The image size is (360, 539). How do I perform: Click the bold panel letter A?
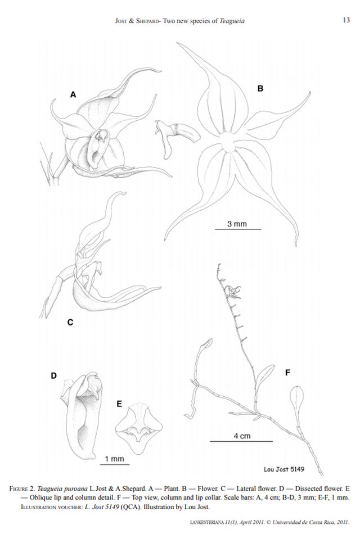point(73,94)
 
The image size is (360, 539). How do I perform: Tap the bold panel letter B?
point(260,88)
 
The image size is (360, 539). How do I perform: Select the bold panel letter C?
point(70,322)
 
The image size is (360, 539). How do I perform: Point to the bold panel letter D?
point(53,375)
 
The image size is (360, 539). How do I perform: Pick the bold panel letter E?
point(119,404)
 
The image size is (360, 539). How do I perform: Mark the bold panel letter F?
point(288,372)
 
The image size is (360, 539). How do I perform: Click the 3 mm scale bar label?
point(237,224)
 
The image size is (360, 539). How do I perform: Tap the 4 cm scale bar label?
point(242,436)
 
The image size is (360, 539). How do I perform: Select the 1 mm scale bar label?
point(114,459)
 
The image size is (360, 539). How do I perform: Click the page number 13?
point(346,20)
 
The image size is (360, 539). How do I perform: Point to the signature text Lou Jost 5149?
point(284,469)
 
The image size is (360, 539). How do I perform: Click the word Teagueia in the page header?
point(232,21)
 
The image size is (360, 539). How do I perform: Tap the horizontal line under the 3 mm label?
point(238,229)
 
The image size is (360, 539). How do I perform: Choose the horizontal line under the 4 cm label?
point(241,441)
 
